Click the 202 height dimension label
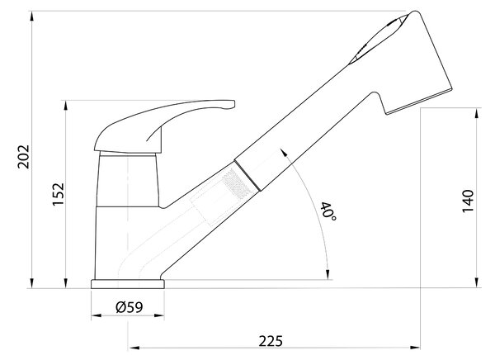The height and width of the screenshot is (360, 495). click(x=23, y=157)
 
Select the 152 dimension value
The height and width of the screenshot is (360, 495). click(x=58, y=194)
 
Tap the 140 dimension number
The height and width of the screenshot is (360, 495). click(x=468, y=201)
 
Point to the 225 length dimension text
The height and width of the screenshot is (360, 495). click(x=271, y=341)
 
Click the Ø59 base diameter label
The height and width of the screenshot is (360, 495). click(x=130, y=307)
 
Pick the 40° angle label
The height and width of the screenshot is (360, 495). click(x=328, y=211)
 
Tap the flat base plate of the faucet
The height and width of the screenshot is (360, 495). click(x=128, y=284)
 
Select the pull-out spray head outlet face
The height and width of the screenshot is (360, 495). click(x=419, y=102)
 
